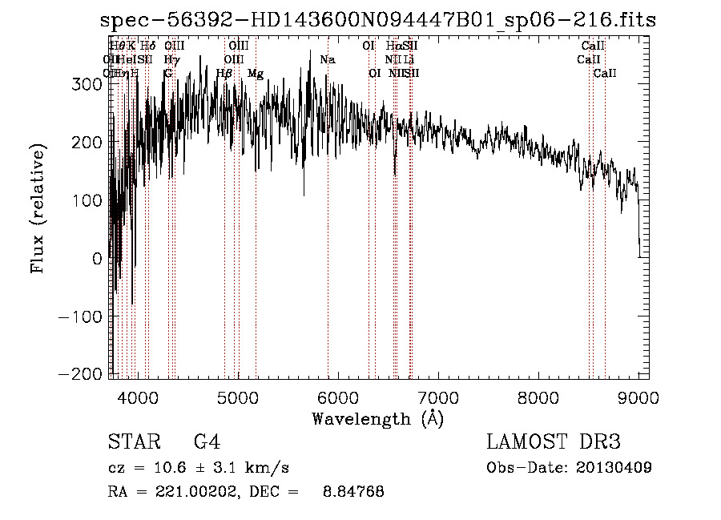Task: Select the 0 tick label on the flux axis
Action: coord(96,258)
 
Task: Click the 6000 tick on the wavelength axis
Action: coord(337,397)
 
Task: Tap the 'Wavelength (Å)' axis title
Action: coord(377,418)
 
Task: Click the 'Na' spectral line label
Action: coord(327,60)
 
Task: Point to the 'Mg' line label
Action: coord(255,74)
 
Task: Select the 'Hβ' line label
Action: coord(224,74)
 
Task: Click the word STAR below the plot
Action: coord(131,442)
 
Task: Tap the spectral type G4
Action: coord(207,442)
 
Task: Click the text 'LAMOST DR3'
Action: coord(553,442)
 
